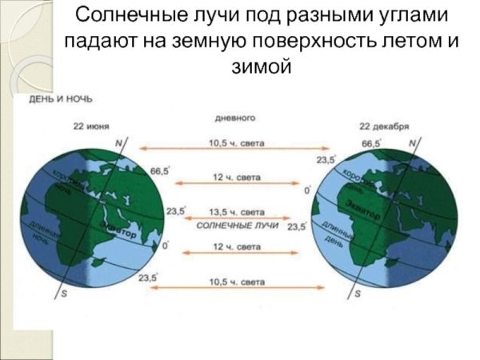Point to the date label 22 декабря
[x=384, y=126]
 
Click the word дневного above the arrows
[x=235, y=118]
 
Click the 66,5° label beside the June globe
[x=160, y=170]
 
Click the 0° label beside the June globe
[x=166, y=246]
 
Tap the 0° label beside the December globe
[x=307, y=190]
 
